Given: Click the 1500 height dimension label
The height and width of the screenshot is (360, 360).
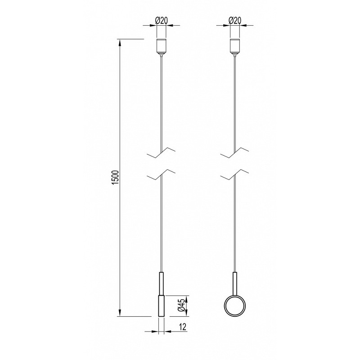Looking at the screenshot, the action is tap(116, 177).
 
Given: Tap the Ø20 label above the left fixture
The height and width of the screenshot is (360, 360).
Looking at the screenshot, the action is tap(162, 21).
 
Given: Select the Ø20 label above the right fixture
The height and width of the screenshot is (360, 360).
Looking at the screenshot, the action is tap(235, 21).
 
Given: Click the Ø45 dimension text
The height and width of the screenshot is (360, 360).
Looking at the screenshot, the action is tap(181, 306).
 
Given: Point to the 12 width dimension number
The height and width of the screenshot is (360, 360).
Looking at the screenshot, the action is tap(183, 327).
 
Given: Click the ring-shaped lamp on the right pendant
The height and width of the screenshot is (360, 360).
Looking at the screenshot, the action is tap(235, 306).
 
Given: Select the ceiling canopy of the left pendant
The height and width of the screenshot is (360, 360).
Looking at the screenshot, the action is tap(161, 48).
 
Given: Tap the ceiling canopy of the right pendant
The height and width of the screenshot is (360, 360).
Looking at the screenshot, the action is tap(234, 48).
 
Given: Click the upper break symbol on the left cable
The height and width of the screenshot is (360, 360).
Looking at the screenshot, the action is tap(161, 153).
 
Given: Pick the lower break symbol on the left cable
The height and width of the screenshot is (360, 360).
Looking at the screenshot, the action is tap(161, 175).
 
